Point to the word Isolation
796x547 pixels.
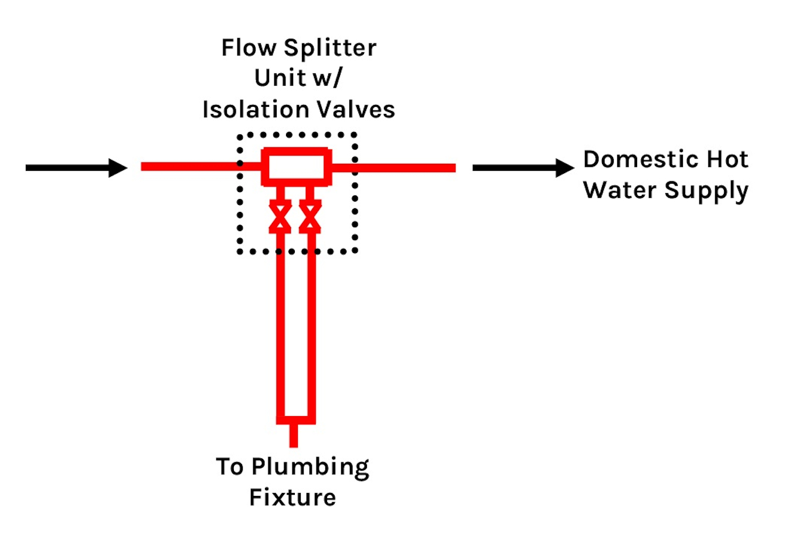256,110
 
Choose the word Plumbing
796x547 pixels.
310,468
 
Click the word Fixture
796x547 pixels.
292,498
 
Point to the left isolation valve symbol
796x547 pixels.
280,216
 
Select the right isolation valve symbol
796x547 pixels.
310,216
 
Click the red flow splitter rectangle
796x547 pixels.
297,167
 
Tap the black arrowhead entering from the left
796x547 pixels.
117,168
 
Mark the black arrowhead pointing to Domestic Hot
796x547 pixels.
564,168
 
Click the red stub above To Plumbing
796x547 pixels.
294,435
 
